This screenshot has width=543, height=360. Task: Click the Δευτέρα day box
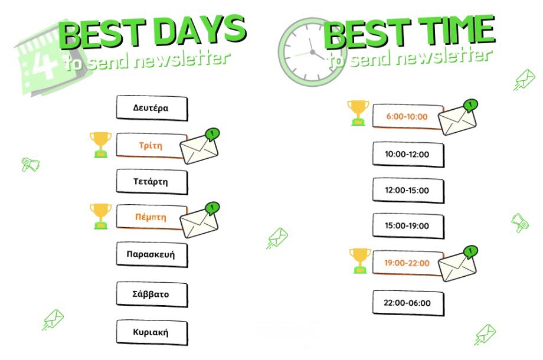pos(152,108)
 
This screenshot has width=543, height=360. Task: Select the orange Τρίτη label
pos(151,145)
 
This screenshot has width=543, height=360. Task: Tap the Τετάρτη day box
pos(152,182)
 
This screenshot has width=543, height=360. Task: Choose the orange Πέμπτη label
pos(151,217)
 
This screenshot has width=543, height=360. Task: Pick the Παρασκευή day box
pos(152,255)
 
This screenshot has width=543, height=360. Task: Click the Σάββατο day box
pos(152,294)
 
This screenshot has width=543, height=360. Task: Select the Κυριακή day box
pos(152,332)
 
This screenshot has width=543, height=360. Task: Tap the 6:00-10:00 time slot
pos(408,116)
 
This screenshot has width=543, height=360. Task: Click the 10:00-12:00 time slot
pos(408,155)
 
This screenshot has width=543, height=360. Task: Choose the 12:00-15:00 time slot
pos(408,191)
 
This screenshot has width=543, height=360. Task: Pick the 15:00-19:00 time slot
pos(408,226)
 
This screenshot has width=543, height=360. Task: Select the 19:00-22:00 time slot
pos(408,263)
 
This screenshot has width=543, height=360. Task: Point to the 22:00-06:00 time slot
pos(408,303)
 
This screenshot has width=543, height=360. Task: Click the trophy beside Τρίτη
pos(100,145)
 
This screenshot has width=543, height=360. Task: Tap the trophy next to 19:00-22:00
pos(360,261)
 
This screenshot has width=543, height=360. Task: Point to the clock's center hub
pos(312,53)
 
